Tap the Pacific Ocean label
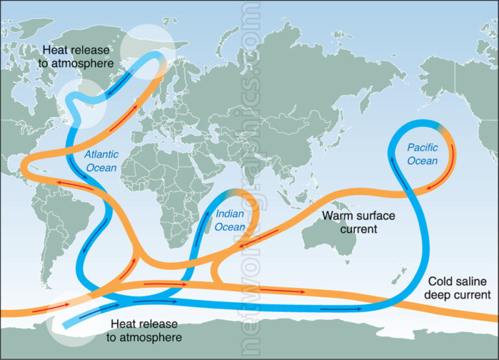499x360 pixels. pyautogui.click(x=422, y=154)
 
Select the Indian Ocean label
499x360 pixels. pyautogui.click(x=230, y=220)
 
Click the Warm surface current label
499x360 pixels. pyautogui.click(x=351, y=222)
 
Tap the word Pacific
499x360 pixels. pyautogui.click(x=422, y=147)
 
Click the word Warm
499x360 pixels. pyautogui.click(x=337, y=215)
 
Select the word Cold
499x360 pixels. pyautogui.click(x=439, y=283)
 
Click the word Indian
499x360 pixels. pyautogui.click(x=230, y=213)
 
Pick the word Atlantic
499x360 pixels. pyautogui.click(x=101, y=155)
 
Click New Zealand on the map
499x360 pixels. pyautogui.click(x=394, y=279)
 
